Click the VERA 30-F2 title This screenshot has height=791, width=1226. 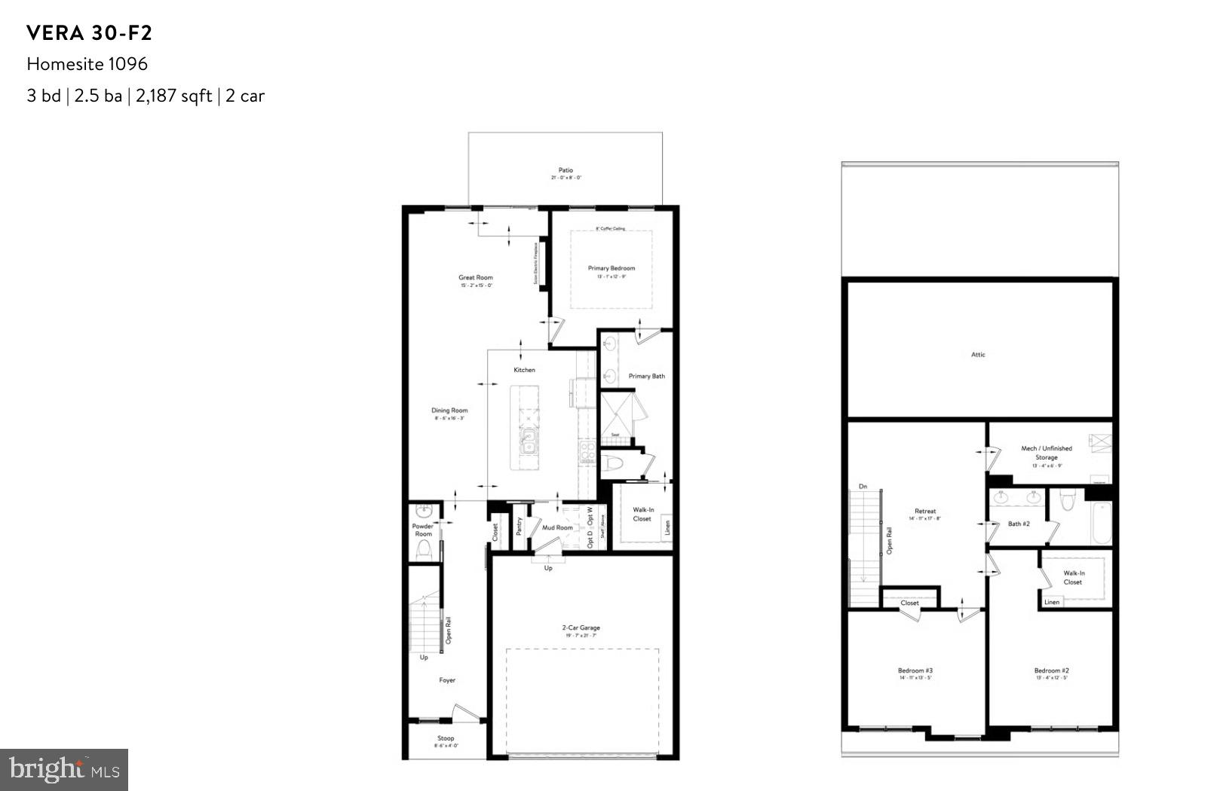pos(89,33)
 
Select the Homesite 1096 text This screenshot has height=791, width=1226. pos(87,64)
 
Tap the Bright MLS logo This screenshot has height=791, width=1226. pos(64,769)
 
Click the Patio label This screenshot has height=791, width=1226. pos(565,170)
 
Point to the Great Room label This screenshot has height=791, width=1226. pos(475,278)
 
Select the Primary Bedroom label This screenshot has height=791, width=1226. pos(611,268)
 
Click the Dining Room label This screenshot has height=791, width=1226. pos(449,411)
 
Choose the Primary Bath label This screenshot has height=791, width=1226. pos(647,376)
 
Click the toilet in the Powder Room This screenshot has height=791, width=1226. pos(424,550)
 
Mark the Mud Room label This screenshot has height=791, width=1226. pos(557,527)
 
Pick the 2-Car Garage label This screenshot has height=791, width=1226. pos(581,628)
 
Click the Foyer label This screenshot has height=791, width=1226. pos(447,680)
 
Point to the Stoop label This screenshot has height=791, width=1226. pos(446,738)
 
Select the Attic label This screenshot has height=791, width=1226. pos(978,355)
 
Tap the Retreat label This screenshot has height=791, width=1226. pos(925,512)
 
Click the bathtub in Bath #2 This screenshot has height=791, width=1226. pos(1100,524)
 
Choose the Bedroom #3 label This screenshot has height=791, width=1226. pos(915,670)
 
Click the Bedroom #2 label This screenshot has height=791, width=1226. pos(1051,670)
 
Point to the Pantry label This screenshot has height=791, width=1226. pos(519,526)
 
